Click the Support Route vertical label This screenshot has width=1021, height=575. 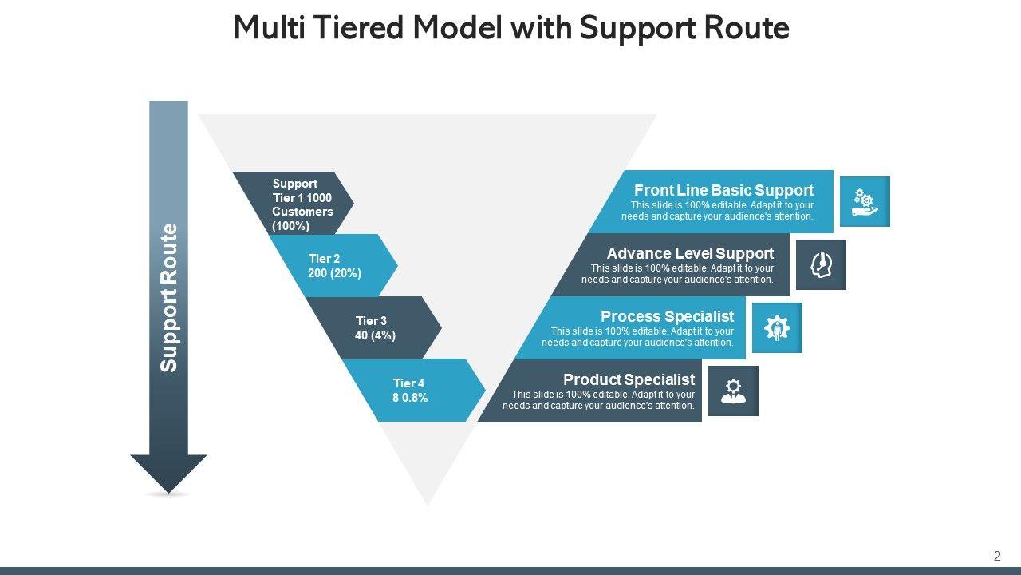[168, 298]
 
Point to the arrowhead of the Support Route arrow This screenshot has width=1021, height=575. [168, 493]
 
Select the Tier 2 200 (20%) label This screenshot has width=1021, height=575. [334, 266]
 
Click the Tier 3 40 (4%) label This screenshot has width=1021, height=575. [375, 328]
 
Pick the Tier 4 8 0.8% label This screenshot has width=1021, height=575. [410, 391]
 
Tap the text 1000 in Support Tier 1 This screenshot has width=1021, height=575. [319, 198]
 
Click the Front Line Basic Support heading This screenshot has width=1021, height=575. [723, 190]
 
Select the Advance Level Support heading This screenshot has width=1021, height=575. [690, 253]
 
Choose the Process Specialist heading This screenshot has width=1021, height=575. [668, 316]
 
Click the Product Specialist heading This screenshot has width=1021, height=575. [629, 379]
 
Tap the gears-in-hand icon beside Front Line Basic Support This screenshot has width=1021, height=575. [865, 202]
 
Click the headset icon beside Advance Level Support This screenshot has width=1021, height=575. [822, 265]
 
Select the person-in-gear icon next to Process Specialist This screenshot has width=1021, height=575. [777, 328]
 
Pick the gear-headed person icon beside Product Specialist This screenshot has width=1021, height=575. [733, 391]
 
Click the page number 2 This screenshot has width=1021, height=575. [997, 556]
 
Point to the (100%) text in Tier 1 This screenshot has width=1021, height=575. [291, 226]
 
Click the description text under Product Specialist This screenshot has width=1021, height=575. [598, 400]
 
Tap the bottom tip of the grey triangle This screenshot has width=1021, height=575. [428, 506]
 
